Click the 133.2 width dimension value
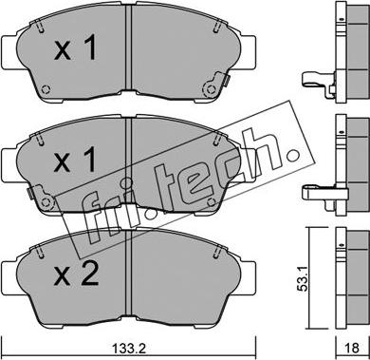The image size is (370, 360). click(x=129, y=349)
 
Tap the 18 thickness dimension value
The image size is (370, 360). click(x=351, y=348)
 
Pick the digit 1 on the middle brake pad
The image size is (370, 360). click(x=89, y=161)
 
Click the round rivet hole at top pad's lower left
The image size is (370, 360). click(x=46, y=89)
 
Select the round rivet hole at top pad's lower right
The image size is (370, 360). click(x=210, y=89)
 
